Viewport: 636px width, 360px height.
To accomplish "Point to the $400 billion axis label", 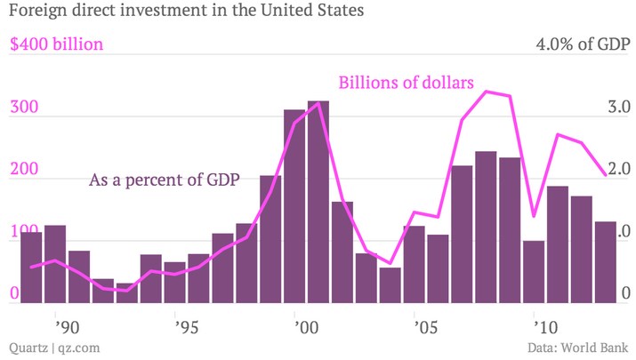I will [x=55, y=44].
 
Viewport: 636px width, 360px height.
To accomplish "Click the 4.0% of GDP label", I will [x=583, y=44].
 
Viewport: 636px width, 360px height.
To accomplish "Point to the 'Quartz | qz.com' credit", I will [x=53, y=348].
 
